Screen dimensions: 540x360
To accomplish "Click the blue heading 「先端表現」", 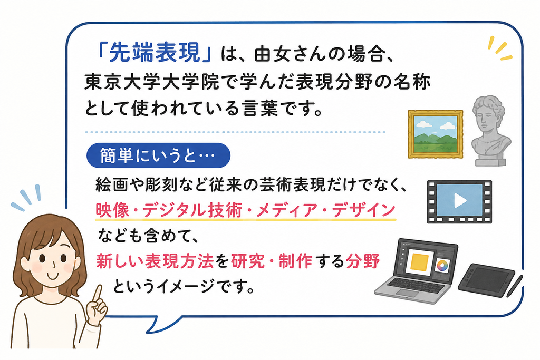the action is coord(155,53).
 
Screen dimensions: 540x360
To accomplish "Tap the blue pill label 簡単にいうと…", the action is coord(158,155).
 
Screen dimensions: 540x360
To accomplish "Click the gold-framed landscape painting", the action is coord(435,134).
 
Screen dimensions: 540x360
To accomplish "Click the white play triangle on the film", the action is coord(460,201).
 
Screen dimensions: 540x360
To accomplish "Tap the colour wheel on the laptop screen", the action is coord(442,265).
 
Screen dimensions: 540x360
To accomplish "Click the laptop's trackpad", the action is coord(407,293).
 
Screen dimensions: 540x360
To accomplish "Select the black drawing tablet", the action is coord(486,279).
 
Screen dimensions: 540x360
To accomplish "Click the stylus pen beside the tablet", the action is coord(515,285).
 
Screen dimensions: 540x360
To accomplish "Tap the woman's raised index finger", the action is coord(98,294).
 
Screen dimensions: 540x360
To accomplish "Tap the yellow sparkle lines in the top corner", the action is coord(500,48).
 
